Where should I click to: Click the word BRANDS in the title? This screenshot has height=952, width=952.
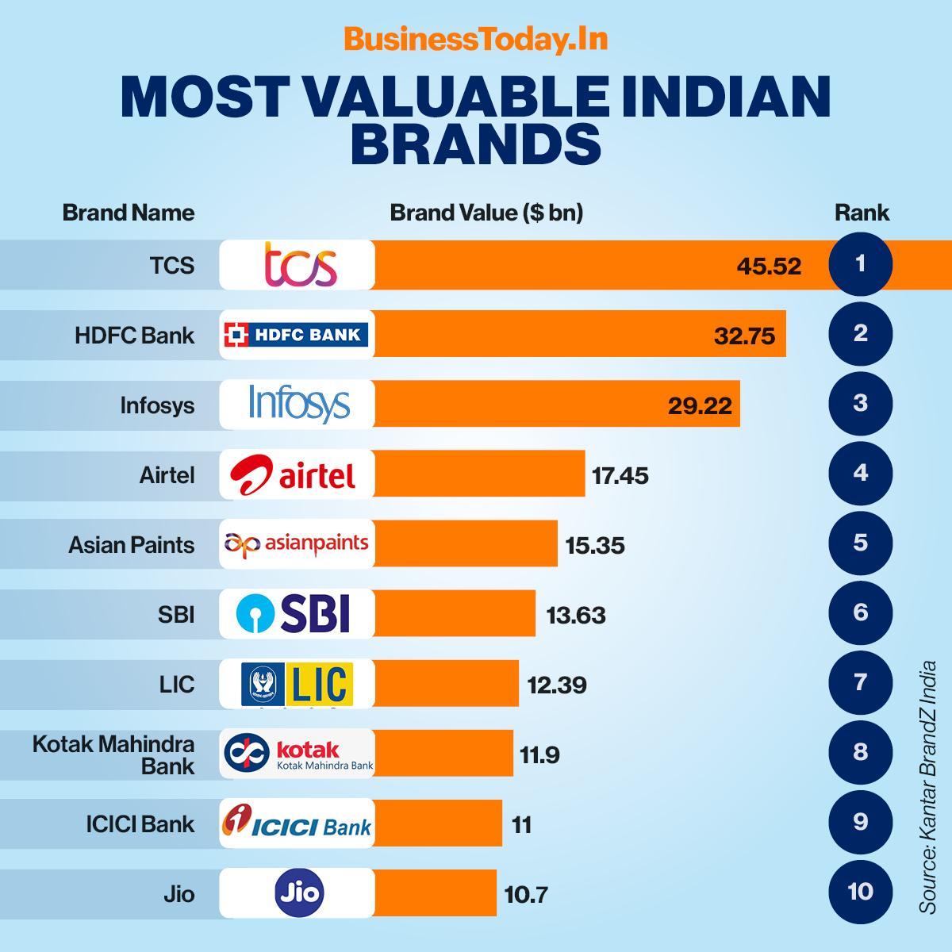(x=476, y=143)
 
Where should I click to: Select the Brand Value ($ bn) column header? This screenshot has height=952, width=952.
(x=486, y=213)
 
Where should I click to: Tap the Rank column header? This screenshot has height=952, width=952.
(x=862, y=213)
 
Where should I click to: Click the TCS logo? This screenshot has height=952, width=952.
(x=300, y=264)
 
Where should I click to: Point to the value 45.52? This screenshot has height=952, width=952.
(x=769, y=266)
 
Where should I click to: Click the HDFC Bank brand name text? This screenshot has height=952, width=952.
(x=134, y=335)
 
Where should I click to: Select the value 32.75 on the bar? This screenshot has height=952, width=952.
(x=744, y=336)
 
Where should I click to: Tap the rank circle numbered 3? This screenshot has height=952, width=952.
(x=860, y=403)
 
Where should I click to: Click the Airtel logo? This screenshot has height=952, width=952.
(x=294, y=474)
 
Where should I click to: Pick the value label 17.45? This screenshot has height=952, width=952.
(x=620, y=476)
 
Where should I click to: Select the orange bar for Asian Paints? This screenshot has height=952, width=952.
(x=466, y=544)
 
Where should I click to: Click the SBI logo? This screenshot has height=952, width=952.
(x=294, y=613)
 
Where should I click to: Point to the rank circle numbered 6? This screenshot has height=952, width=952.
(x=860, y=612)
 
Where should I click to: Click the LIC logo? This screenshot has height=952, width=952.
(x=297, y=684)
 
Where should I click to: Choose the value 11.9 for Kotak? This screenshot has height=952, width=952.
(x=539, y=754)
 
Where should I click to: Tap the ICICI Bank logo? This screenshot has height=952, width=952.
(x=296, y=823)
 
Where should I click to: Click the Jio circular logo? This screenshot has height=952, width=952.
(x=299, y=893)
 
